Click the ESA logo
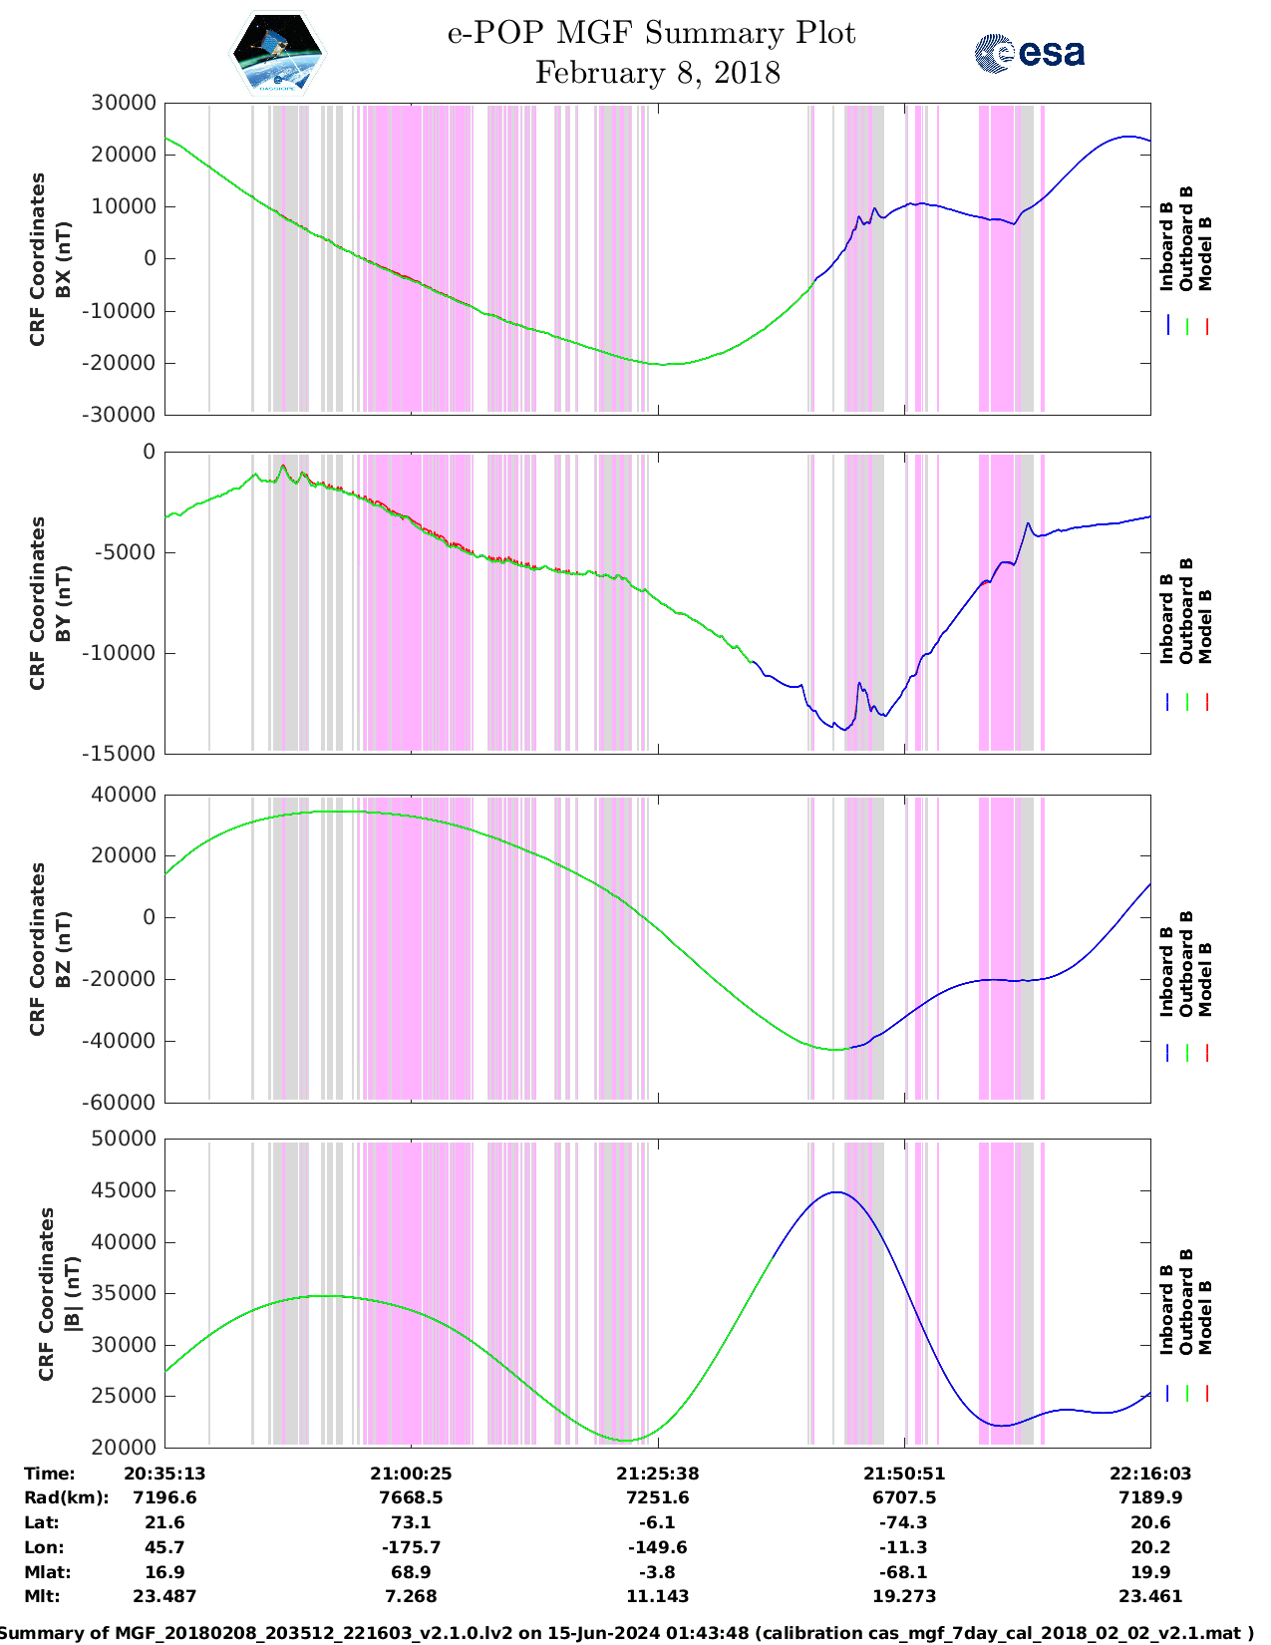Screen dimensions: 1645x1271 point(1030,53)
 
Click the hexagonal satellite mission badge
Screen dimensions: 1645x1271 point(278,52)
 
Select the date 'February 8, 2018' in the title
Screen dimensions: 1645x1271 point(657,73)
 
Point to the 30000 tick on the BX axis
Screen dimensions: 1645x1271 point(124,103)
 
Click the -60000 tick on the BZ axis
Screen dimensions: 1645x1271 point(124,1103)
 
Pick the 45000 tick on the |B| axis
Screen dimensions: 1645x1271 point(124,1190)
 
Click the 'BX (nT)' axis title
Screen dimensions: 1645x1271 point(64,259)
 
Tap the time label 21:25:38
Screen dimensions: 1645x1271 point(657,1474)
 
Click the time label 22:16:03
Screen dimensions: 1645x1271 point(1150,1474)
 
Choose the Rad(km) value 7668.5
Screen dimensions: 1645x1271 point(411,1497)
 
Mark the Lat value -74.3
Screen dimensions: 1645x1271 point(904,1522)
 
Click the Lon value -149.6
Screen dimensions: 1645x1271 point(657,1547)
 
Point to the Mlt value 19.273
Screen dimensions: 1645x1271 point(904,1596)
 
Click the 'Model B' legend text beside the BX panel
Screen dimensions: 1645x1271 point(1205,253)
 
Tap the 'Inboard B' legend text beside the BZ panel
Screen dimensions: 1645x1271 point(1166,972)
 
